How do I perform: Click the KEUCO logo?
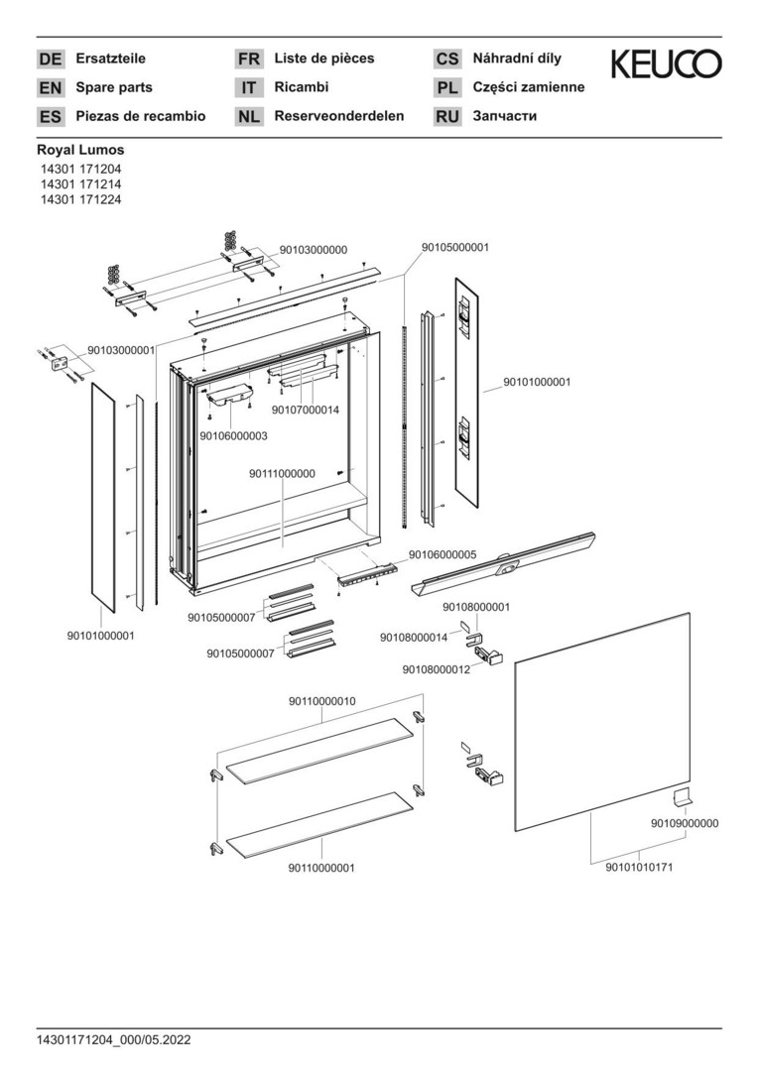point(666,64)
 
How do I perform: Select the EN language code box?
point(50,87)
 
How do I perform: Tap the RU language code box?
point(447,116)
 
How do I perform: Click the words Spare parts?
point(114,87)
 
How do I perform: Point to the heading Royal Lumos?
point(80,150)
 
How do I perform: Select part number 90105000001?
point(455,247)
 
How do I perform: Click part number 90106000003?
point(233,435)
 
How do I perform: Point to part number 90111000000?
point(282,473)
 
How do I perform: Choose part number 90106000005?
point(442,554)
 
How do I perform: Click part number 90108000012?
point(436,669)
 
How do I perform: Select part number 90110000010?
point(321,701)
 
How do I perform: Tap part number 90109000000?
point(685,823)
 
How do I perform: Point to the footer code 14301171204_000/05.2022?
point(113,1039)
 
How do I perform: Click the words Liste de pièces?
point(323,59)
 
